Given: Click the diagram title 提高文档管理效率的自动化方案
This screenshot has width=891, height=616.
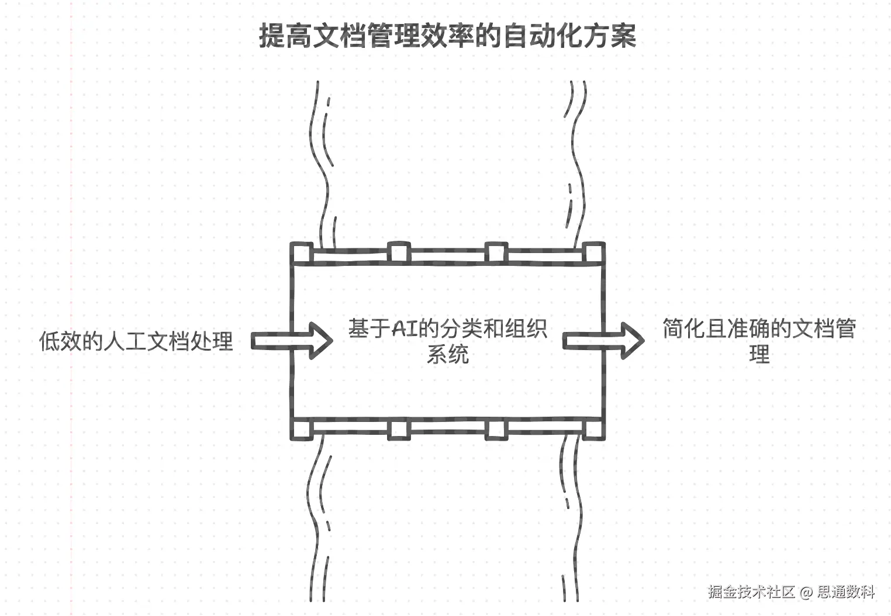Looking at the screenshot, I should [x=447, y=36].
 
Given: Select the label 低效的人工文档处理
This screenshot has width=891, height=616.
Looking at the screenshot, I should [x=136, y=341].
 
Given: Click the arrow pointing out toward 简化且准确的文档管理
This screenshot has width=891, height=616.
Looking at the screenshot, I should [x=604, y=340].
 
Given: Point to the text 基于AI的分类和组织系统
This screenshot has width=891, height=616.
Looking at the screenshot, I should [x=447, y=341].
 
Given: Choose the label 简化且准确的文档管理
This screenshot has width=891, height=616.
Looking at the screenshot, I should [x=759, y=341].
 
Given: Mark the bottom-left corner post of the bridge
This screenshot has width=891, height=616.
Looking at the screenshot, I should [x=302, y=430].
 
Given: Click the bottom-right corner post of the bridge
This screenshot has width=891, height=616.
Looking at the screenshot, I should [x=593, y=430].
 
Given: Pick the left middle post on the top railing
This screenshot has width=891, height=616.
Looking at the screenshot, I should [x=399, y=253].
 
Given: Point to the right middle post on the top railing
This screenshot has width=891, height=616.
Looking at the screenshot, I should [x=496, y=253].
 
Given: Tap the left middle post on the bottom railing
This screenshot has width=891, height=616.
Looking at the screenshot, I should [x=399, y=430].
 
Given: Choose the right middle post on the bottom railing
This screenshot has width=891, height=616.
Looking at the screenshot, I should [x=496, y=430].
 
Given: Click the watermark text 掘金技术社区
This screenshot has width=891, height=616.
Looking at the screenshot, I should [x=751, y=592].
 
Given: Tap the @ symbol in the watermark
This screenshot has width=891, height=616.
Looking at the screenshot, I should [x=806, y=593].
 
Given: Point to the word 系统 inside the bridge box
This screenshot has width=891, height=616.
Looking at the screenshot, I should [x=448, y=355].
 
